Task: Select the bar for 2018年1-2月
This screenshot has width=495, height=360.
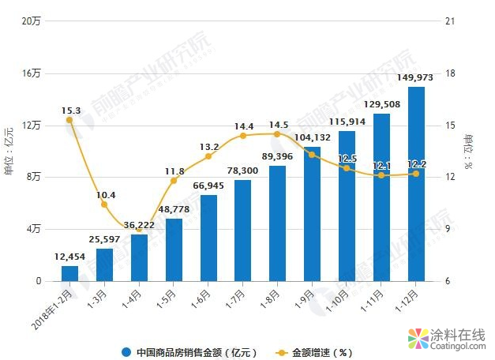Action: pos(69,273)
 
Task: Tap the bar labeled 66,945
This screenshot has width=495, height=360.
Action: pos(208,238)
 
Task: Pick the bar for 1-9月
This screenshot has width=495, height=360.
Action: pos(313,214)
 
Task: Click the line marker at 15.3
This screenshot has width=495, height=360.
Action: pos(69,120)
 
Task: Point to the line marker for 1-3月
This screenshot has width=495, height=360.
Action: pos(104,204)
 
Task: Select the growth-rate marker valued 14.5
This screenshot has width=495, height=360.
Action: pos(277,133)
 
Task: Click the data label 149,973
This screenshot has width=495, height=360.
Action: pos(416,77)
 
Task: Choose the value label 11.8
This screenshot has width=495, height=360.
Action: pos(174,171)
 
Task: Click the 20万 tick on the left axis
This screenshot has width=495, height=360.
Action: pos(32,21)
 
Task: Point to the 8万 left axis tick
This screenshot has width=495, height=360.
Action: pos(34,178)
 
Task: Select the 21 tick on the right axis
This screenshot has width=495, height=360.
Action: pos(451,21)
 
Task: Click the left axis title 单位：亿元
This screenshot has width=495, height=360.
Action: pos(9,151)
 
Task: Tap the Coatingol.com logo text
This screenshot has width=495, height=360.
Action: pos(458,345)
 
